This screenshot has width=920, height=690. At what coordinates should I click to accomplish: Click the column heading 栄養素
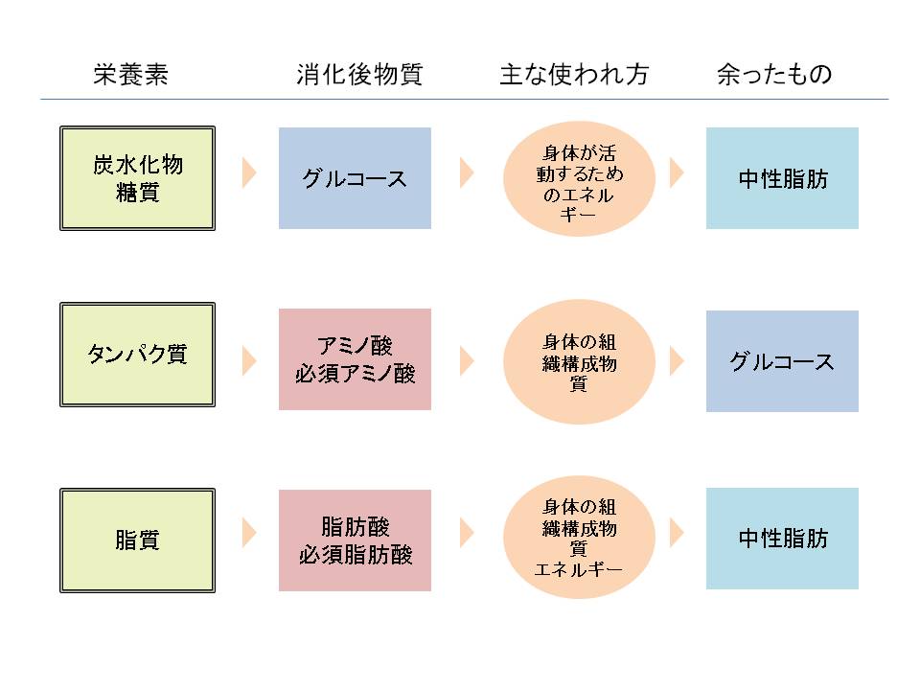click(131, 76)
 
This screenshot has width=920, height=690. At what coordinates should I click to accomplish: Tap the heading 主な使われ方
click(573, 76)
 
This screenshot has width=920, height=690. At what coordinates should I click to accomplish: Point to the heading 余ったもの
click(774, 76)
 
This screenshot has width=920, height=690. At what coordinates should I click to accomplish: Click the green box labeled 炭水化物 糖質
click(137, 178)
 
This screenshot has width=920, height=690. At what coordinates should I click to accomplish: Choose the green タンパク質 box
click(137, 355)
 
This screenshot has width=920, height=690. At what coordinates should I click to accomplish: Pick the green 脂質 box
click(137, 540)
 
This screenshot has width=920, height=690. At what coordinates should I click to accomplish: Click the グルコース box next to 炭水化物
click(355, 178)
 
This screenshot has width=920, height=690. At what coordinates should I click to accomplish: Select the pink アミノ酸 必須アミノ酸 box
click(355, 359)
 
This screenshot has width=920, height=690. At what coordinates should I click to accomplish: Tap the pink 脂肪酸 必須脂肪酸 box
click(355, 540)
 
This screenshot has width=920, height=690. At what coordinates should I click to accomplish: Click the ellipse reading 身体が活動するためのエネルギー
click(579, 178)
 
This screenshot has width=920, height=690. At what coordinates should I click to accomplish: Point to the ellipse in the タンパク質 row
click(579, 362)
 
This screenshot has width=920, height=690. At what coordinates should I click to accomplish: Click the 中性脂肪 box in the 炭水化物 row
click(782, 178)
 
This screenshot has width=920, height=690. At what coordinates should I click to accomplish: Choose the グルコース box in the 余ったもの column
click(782, 361)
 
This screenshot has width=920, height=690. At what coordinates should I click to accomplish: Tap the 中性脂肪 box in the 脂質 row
click(782, 539)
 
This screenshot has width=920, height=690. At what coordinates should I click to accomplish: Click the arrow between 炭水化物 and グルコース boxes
click(249, 173)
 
